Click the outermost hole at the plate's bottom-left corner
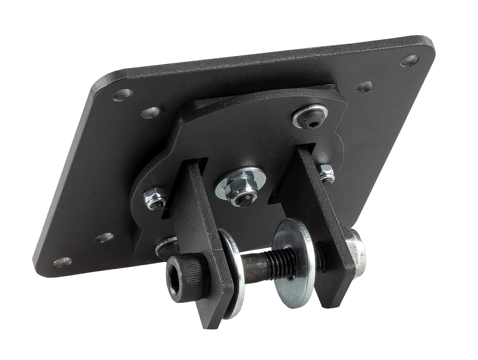(62, 263)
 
